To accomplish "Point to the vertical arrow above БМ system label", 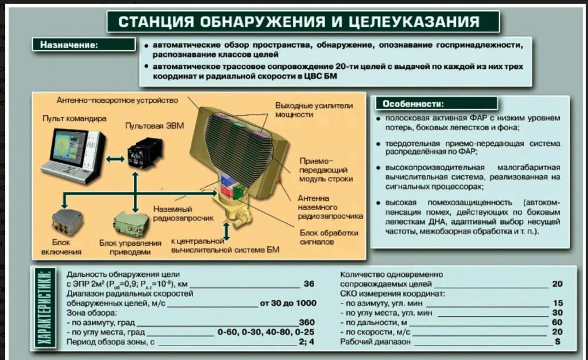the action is click(227, 231).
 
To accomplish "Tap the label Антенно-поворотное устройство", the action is click(117, 100).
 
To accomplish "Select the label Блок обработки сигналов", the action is click(329, 237).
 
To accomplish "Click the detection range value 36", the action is click(309, 284).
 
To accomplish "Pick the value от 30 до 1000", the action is click(288, 303).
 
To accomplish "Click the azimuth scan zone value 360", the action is click(307, 323).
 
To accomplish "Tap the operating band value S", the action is click(557, 342).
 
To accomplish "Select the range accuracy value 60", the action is click(557, 323).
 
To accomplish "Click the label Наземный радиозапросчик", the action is click(183, 214).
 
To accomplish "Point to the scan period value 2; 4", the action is click(307, 342).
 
